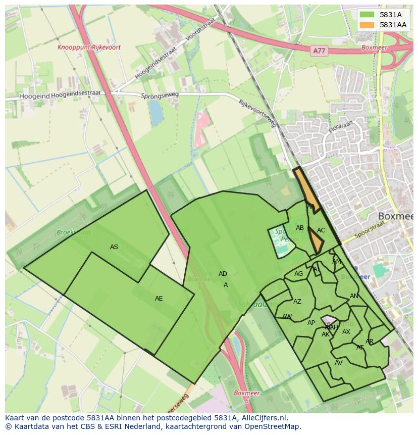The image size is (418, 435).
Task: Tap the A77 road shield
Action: [319, 51]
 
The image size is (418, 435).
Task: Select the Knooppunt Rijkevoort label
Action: [89, 47]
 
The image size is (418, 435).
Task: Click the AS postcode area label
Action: [114, 247]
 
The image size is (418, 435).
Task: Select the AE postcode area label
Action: [159, 299]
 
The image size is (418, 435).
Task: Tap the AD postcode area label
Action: [223, 274]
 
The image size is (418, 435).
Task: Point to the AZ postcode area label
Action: [297, 302]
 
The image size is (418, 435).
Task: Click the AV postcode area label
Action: [339, 363]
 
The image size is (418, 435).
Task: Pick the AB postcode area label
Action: [300, 228]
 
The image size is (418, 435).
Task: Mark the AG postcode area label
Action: [299, 274]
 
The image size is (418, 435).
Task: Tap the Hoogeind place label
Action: [34, 95]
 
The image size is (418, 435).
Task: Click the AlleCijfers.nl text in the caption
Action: [263, 418]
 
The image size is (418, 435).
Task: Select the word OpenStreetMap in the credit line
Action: [273, 426]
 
